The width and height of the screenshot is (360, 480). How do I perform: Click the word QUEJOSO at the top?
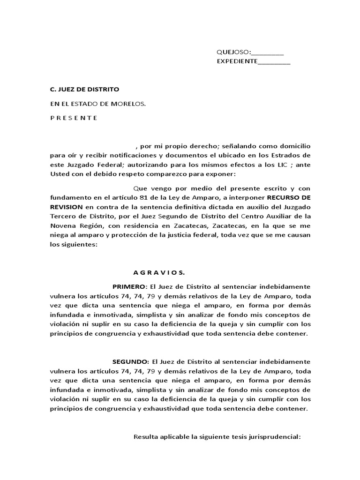pos(233,52)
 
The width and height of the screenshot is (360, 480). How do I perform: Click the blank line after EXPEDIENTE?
pos(274,61)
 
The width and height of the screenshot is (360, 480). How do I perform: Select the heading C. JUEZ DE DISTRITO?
pos(85,89)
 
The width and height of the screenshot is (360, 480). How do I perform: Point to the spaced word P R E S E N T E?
pos(74,118)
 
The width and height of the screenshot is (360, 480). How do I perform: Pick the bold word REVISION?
pos(67,206)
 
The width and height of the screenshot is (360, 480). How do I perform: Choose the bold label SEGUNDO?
pos(130,362)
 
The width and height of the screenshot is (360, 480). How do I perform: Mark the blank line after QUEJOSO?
pos(268,52)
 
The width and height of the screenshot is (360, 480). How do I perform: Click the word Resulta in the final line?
pos(145,437)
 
